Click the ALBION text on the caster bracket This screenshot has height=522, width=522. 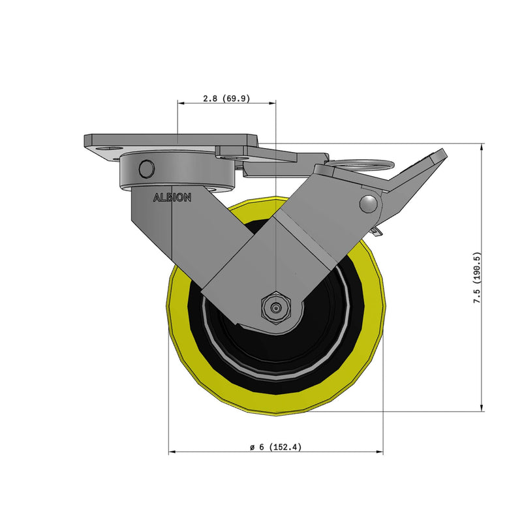172,198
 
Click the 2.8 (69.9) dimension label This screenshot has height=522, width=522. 226,99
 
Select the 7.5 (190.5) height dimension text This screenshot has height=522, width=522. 478,278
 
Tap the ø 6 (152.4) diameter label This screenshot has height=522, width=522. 275,447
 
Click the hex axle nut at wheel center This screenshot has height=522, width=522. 276,308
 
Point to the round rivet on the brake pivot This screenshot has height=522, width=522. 369,204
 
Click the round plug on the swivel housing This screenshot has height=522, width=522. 147,169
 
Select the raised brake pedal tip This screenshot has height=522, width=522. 439,156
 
